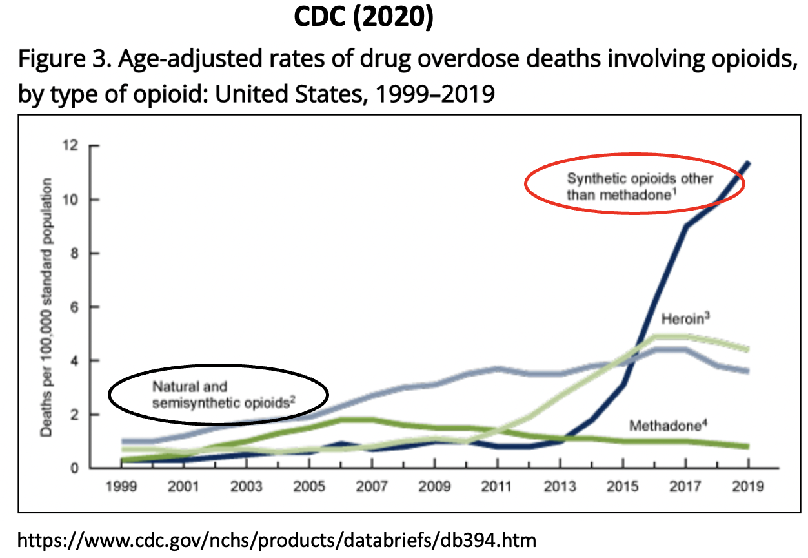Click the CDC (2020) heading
click(x=363, y=18)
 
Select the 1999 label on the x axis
click(x=122, y=486)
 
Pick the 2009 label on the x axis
click(x=435, y=486)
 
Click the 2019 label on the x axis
click(x=748, y=486)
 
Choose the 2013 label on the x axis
click(x=560, y=486)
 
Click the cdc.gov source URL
click(x=278, y=539)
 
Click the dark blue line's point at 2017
click(x=685, y=226)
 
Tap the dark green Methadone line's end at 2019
click(x=747, y=446)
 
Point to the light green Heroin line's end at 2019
click(x=747, y=349)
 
